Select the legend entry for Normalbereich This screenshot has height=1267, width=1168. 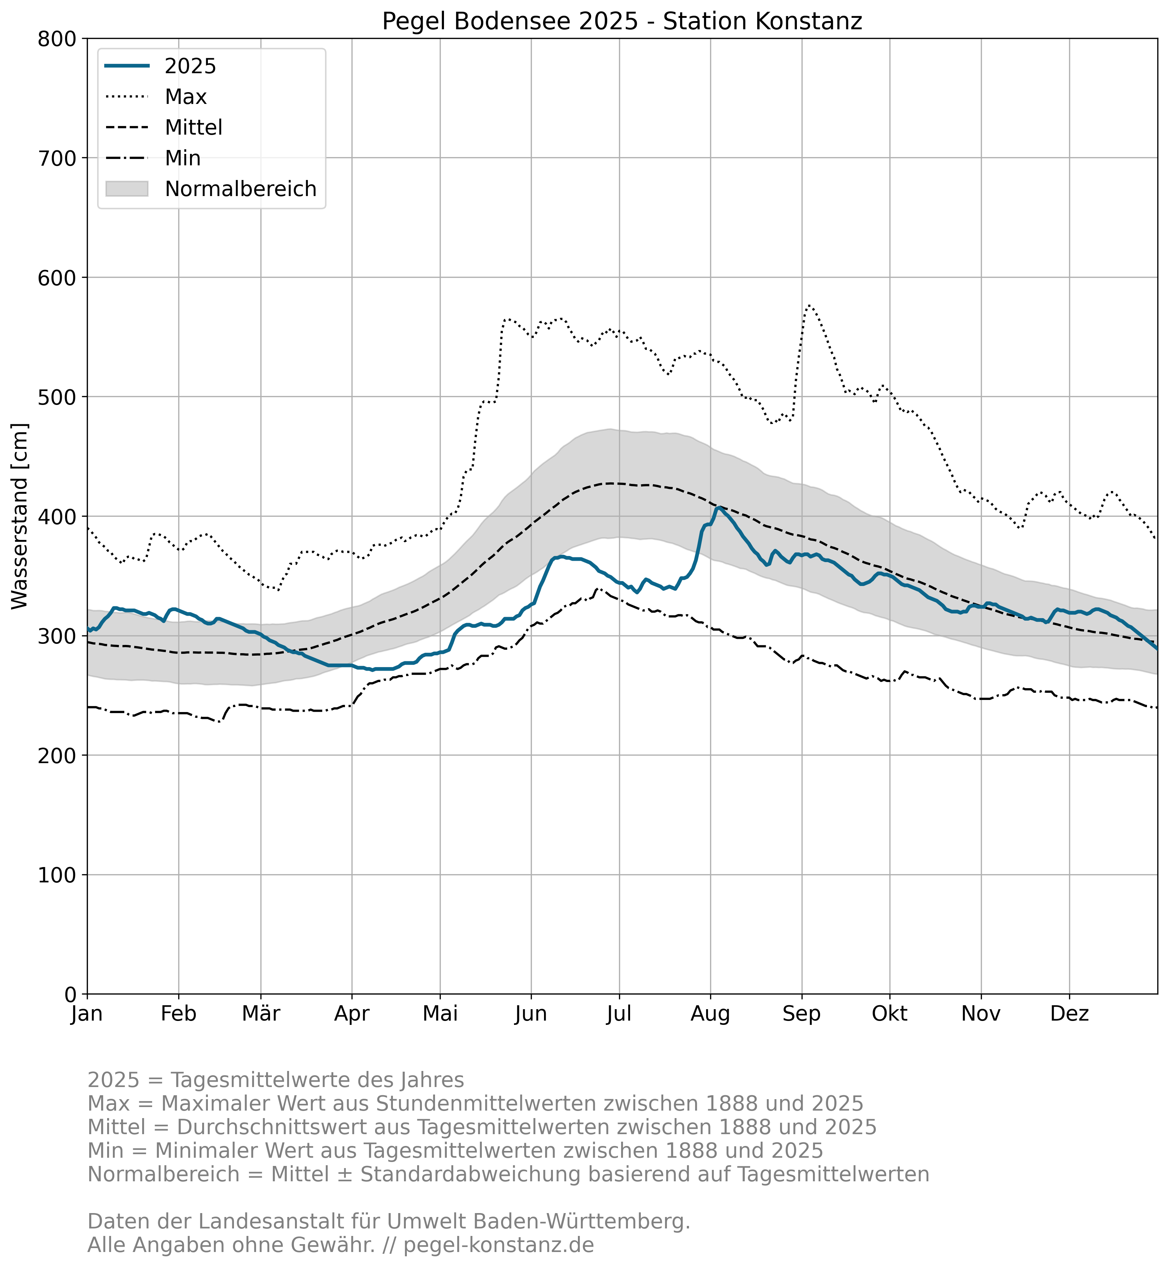click(x=240, y=189)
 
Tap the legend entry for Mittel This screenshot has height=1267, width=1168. click(x=193, y=127)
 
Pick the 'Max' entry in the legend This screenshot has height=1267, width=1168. click(x=186, y=97)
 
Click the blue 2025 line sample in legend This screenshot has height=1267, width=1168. click(x=127, y=66)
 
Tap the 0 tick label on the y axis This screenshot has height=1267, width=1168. click(x=70, y=994)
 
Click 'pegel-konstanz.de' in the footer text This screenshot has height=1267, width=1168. click(x=499, y=1245)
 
